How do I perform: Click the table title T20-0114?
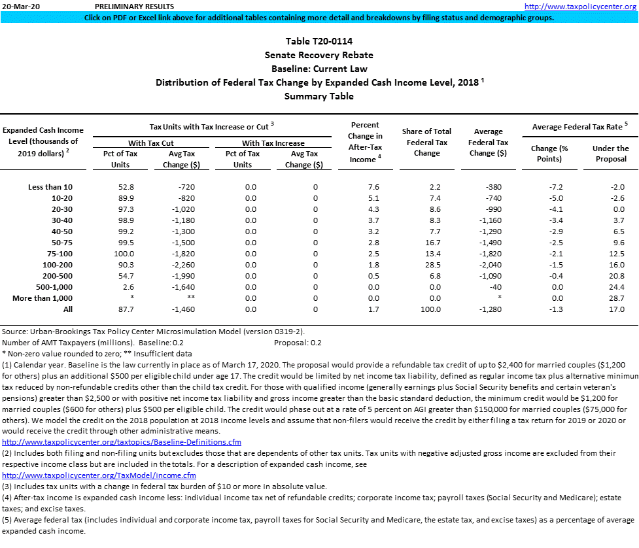(319, 41)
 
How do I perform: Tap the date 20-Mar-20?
(20, 6)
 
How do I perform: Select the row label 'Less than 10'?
(50, 187)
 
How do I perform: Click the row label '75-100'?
(60, 254)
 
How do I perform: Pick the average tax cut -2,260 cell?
(177, 265)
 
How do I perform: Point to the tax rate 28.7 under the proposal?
(610, 298)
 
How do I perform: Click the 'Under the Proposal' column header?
(610, 154)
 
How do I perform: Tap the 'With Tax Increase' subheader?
(273, 143)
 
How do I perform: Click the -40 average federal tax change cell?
(500, 287)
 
